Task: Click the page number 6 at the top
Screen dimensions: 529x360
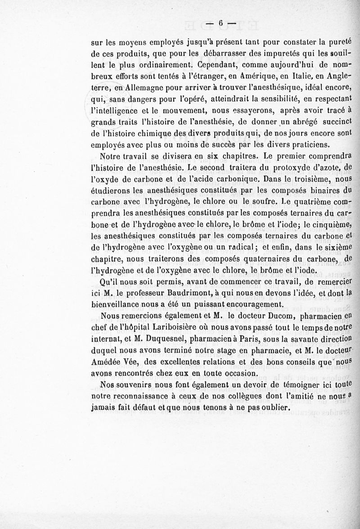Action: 221,23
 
